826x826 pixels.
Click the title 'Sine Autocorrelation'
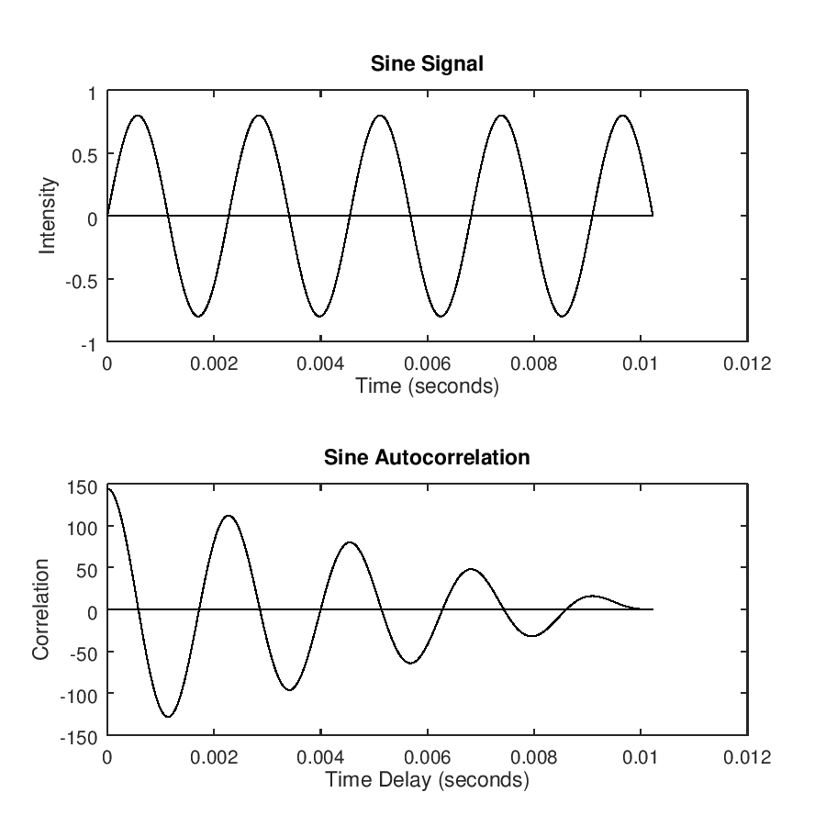coord(427,457)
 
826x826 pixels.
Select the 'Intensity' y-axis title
coord(48,216)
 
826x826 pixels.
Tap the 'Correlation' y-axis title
coord(40,609)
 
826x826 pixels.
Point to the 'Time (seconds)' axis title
coord(427,386)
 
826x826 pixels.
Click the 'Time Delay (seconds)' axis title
coord(427,780)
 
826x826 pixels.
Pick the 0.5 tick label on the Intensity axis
coord(85,154)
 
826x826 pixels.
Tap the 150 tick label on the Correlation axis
coord(83,487)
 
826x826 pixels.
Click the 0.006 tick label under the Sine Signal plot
coord(427,363)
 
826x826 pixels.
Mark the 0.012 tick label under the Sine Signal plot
coord(747,363)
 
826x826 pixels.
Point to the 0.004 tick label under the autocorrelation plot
coord(320,757)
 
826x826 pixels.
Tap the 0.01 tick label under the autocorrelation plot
coord(641,757)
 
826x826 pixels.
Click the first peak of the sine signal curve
coord(137,116)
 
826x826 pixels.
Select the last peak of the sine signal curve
coord(623,116)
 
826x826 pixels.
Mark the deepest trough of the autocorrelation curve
coord(168,716)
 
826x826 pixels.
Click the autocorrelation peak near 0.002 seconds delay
coord(228,516)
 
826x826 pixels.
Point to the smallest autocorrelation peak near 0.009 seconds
coord(593,597)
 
